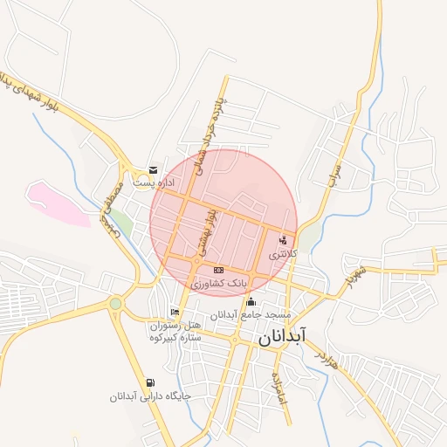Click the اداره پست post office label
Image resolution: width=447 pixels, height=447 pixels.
pyautogui.click(x=154, y=183)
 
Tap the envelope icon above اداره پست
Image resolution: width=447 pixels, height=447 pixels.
pyautogui.click(x=154, y=169)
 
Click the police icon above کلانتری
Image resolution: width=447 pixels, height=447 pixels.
pyautogui.click(x=282, y=240)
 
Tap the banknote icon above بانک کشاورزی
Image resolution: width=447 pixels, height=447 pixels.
pyautogui.click(x=218, y=270)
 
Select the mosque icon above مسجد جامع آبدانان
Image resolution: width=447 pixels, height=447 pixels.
pyautogui.click(x=251, y=301)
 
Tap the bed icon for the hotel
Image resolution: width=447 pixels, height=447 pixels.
pyautogui.click(x=175, y=313)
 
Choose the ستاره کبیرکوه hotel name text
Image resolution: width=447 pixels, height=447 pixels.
pyautogui.click(x=175, y=336)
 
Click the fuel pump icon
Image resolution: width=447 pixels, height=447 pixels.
pyautogui.click(x=151, y=383)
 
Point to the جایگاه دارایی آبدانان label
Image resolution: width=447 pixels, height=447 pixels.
pyautogui.click(x=149, y=396)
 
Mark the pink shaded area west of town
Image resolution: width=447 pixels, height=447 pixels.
pyautogui.click(x=58, y=203)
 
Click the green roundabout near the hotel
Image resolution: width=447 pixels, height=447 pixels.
pyautogui.click(x=115, y=303)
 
